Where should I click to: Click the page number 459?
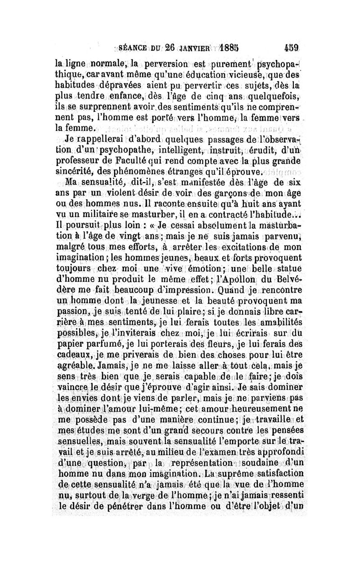click(292, 47)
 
